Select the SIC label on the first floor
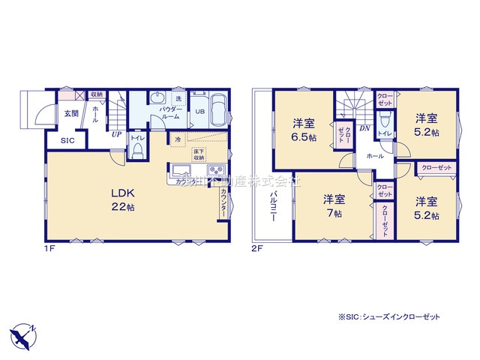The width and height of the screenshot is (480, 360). [67, 139]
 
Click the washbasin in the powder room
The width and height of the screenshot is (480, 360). [156, 100]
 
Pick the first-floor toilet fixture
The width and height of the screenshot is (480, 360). [137, 149]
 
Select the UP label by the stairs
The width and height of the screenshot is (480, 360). [116, 134]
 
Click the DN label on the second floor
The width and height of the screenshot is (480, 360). [365, 130]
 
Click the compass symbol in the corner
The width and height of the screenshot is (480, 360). [22, 334]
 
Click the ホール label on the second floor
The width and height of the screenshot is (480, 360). [376, 155]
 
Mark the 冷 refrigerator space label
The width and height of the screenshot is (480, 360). [177, 139]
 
